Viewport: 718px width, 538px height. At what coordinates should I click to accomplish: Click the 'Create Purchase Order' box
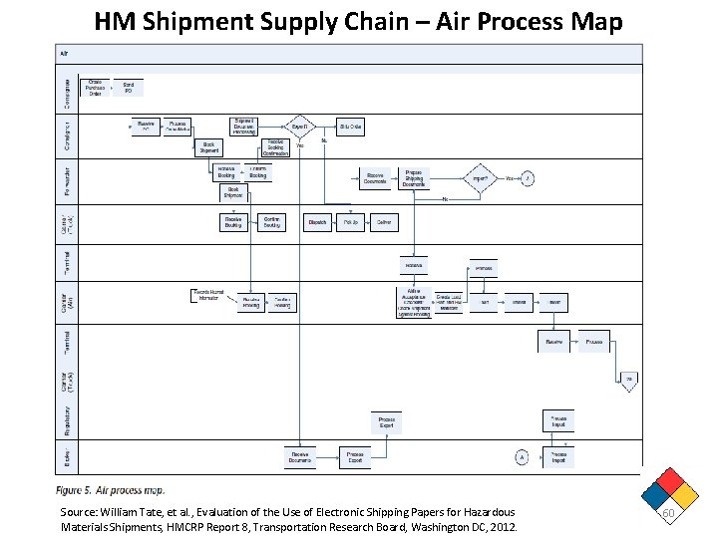click(x=95, y=88)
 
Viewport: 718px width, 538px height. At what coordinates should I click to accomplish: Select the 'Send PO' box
click(x=129, y=88)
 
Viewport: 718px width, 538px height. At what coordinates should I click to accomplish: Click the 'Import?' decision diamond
click(x=480, y=179)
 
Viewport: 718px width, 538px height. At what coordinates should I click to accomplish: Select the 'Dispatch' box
click(x=317, y=222)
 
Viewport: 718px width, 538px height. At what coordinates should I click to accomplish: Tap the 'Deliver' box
click(x=384, y=222)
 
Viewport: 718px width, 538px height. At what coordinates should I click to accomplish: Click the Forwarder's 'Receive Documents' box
click(x=377, y=178)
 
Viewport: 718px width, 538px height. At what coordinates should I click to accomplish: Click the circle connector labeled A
click(x=520, y=456)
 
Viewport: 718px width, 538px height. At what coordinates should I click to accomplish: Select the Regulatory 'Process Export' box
click(x=386, y=422)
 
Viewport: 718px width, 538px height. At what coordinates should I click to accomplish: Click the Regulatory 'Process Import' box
click(x=559, y=420)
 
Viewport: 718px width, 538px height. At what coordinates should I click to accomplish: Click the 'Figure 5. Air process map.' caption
click(x=111, y=489)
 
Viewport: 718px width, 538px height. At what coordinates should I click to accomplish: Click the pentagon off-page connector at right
click(x=629, y=381)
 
